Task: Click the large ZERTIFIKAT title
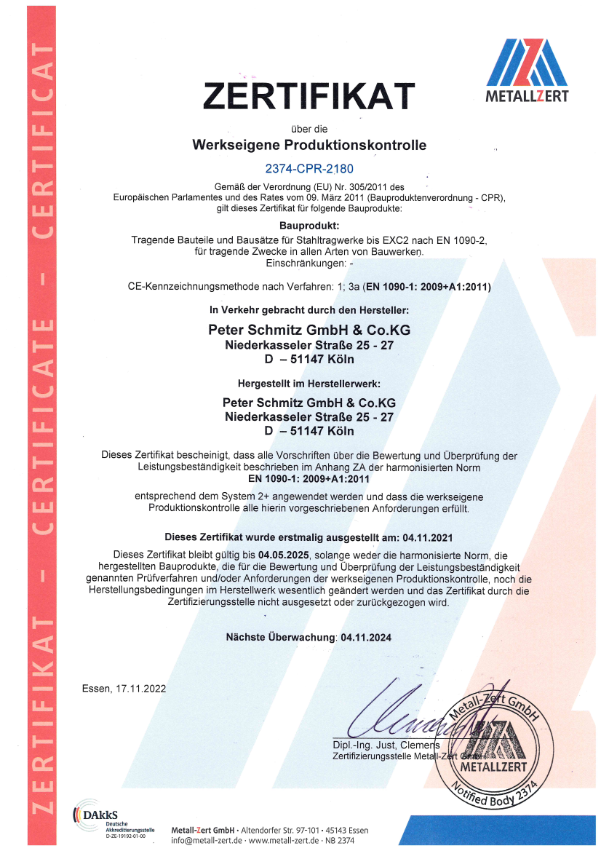309,96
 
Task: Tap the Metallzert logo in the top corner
527,71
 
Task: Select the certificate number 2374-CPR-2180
309,169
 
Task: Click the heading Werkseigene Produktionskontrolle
309,145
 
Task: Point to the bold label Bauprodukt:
309,226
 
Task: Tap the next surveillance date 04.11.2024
365,637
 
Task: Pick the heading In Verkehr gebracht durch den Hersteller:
309,311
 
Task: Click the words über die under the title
309,129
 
